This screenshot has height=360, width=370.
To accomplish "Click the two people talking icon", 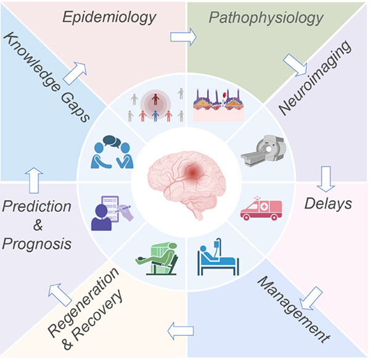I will click(111, 153).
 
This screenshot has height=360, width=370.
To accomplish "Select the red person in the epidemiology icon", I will click(155, 99).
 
